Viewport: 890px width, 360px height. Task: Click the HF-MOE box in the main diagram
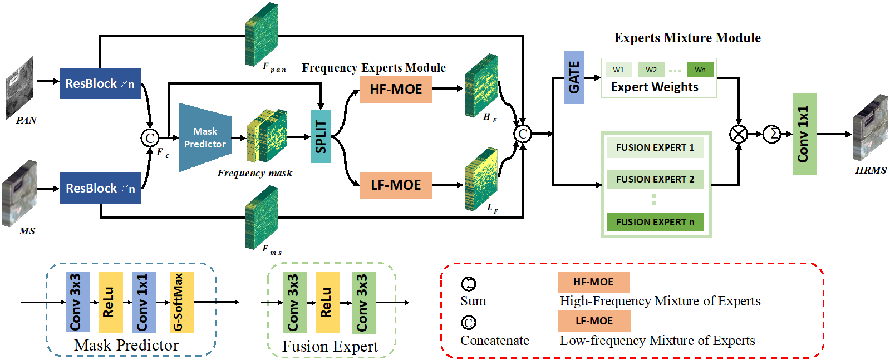tap(396, 89)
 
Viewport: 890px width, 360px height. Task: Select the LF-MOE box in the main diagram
tap(396, 185)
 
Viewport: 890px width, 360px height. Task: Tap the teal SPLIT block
tap(321, 136)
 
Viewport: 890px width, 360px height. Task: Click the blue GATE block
tap(573, 78)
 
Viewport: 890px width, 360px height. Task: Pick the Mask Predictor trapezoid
tap(205, 137)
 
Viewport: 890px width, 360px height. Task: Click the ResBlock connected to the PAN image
tap(100, 84)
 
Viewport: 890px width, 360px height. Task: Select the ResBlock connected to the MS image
tap(100, 188)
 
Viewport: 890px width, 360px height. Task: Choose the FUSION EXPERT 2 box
tap(655, 179)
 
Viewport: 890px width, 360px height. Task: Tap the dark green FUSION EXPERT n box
tap(655, 222)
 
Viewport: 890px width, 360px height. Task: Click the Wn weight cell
tap(700, 70)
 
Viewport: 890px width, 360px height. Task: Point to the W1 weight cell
tap(618, 70)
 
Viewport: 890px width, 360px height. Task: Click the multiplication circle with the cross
tap(739, 134)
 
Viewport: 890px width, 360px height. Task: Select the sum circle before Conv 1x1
tap(771, 134)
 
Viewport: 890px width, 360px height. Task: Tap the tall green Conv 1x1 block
tap(805, 134)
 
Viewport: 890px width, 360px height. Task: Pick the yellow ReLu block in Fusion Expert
tap(327, 303)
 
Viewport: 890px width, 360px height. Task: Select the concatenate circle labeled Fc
tap(150, 137)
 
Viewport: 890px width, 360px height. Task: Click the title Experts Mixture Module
tap(687, 38)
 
